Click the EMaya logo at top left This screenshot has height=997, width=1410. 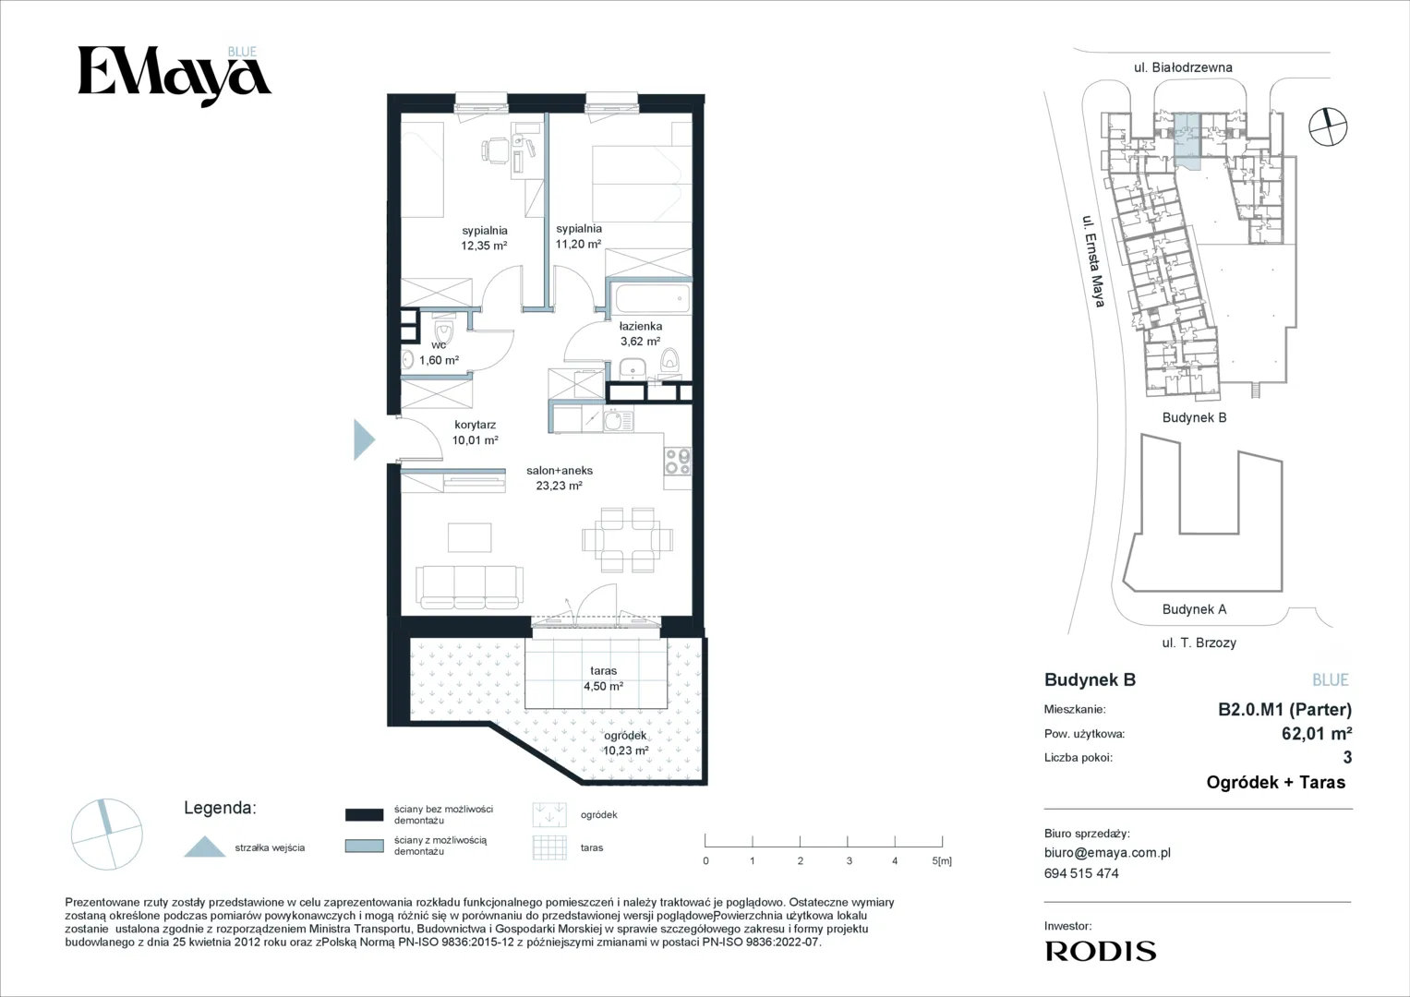tap(175, 76)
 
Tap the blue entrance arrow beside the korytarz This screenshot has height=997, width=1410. tap(363, 439)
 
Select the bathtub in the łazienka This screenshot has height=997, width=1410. tap(652, 299)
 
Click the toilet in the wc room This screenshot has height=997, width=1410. tap(443, 331)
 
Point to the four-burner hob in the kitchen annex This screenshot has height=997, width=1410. tap(678, 461)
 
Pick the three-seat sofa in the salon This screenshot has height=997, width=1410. tap(469, 586)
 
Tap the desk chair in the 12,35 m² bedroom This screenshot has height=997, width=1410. tap(496, 150)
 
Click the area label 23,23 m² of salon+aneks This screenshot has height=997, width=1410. tap(559, 486)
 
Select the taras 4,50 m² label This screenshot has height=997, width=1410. tap(603, 679)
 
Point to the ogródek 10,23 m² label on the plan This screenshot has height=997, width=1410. tap(626, 743)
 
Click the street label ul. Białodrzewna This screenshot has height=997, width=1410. tap(1183, 67)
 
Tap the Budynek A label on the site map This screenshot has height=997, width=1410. tap(1194, 608)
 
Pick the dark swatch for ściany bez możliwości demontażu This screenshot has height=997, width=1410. tap(365, 815)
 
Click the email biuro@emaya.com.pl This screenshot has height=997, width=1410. tap(1107, 853)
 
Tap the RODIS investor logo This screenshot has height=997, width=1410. tap(1101, 951)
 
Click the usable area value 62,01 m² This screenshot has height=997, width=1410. tap(1317, 733)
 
